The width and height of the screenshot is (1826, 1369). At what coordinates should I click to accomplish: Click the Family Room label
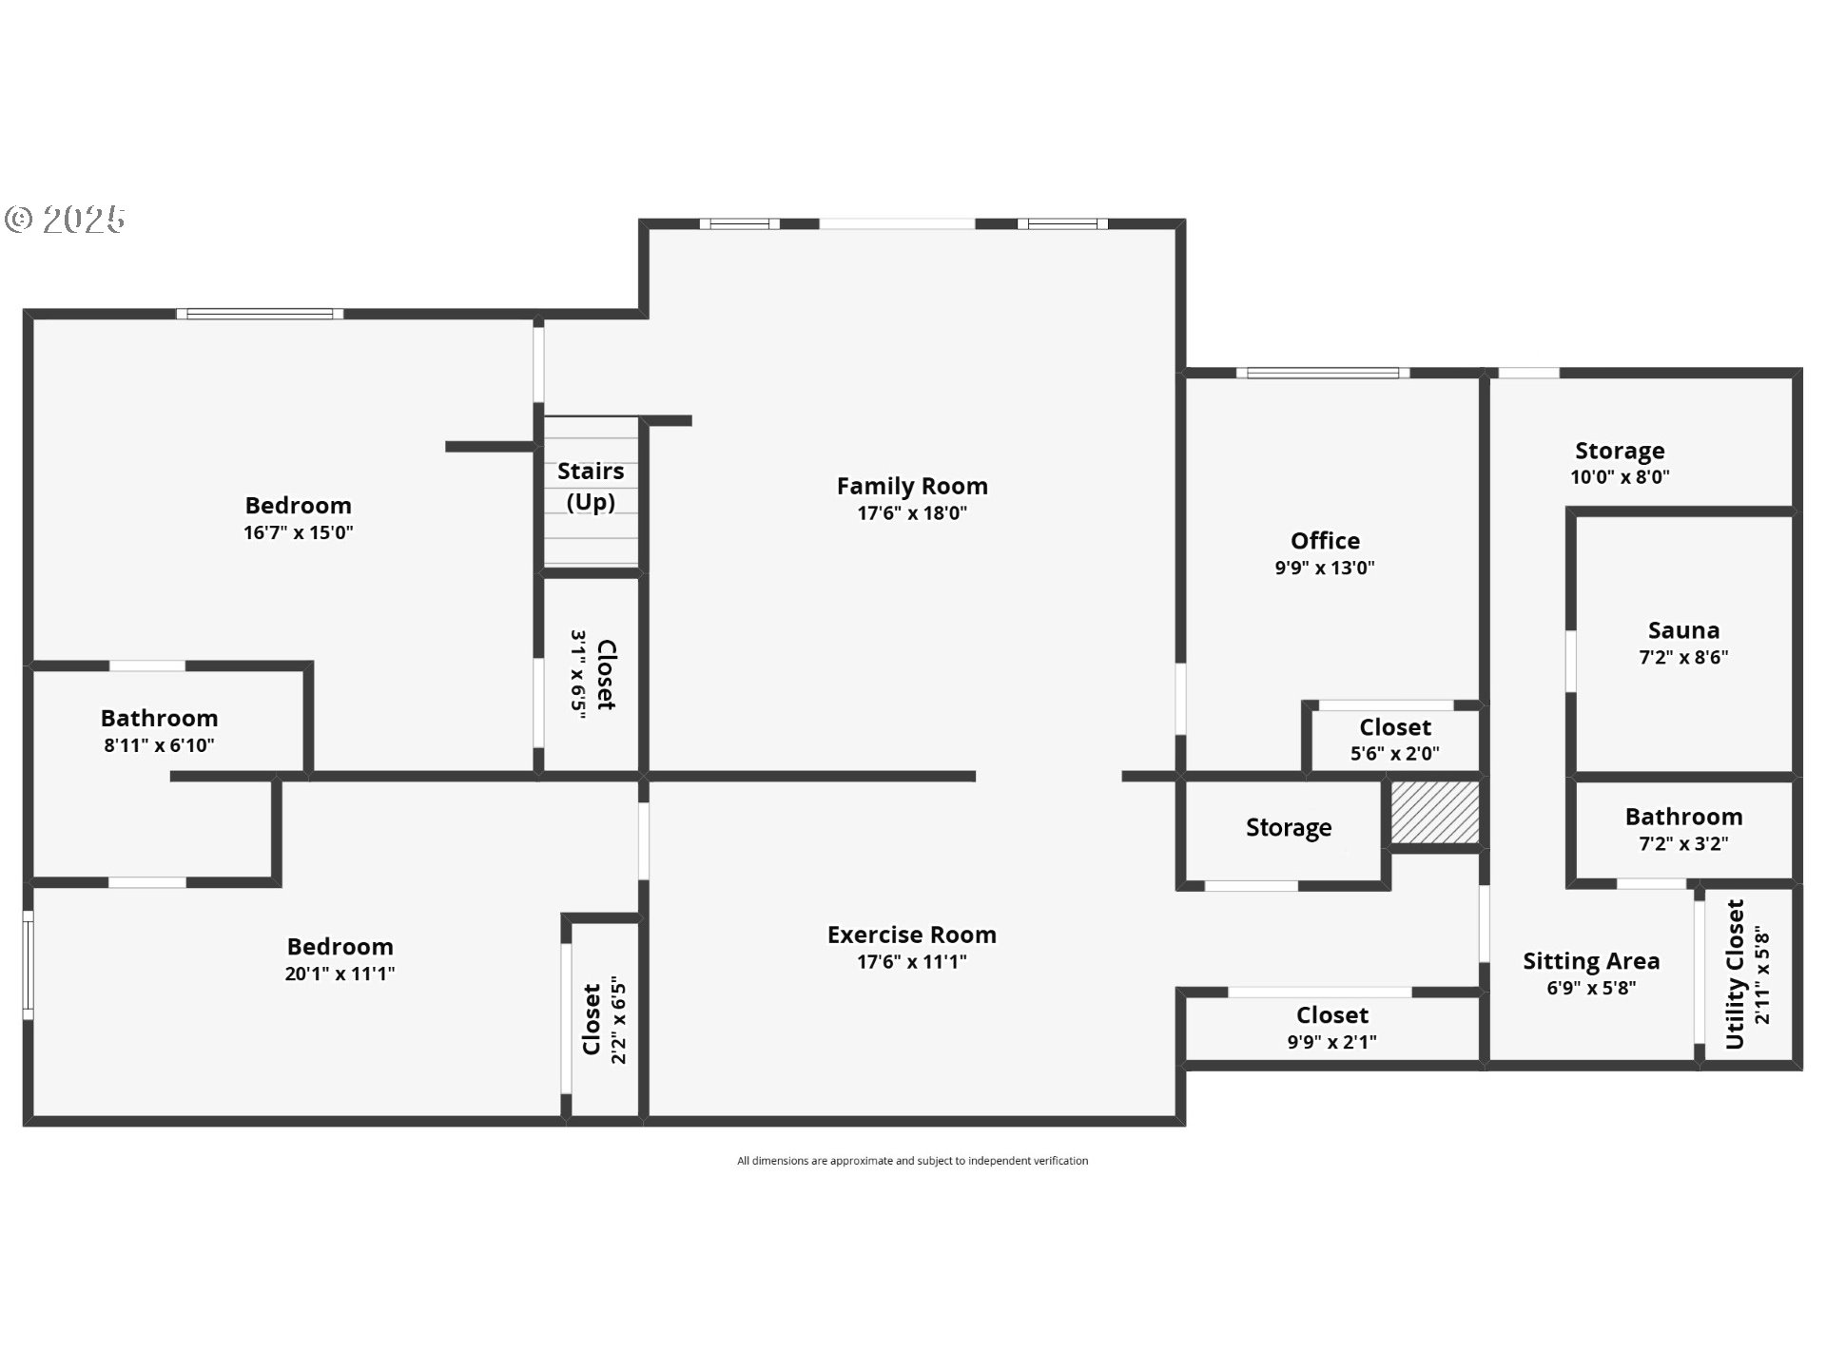(x=912, y=486)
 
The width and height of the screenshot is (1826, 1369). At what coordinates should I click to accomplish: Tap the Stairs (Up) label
(x=591, y=486)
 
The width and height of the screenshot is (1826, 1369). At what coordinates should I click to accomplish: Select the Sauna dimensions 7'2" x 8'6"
(x=1683, y=657)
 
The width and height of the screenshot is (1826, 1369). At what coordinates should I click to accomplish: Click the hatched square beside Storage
(x=1434, y=811)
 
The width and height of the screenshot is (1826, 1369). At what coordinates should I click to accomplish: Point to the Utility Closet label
(x=1735, y=974)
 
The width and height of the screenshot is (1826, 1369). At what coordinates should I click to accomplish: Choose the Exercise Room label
(x=912, y=935)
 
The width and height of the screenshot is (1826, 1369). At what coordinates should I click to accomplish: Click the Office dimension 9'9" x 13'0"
(x=1325, y=568)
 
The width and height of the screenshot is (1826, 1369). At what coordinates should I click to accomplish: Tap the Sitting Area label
(x=1591, y=961)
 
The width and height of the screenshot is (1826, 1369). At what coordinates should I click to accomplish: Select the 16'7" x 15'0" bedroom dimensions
(x=299, y=532)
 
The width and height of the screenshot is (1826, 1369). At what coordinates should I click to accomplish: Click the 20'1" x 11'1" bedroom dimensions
(x=340, y=974)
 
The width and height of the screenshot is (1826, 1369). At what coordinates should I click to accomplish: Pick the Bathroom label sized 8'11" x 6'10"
(x=159, y=718)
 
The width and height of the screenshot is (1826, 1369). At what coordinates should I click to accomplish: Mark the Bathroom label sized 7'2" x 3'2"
(x=1683, y=817)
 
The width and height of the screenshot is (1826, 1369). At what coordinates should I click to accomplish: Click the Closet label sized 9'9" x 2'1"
(x=1331, y=1015)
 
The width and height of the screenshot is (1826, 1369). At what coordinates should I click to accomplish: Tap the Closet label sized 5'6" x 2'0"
(x=1395, y=727)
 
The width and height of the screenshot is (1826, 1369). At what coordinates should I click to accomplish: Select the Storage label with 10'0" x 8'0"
(x=1620, y=451)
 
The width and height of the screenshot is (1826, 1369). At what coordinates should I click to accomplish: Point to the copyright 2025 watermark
(x=66, y=220)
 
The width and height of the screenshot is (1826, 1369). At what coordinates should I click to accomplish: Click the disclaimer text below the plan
(x=912, y=1161)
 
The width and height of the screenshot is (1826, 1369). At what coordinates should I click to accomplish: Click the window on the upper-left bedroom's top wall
(x=260, y=314)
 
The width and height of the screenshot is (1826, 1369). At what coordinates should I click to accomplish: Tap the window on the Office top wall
(x=1323, y=373)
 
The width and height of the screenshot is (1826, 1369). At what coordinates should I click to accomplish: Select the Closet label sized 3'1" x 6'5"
(x=606, y=674)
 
